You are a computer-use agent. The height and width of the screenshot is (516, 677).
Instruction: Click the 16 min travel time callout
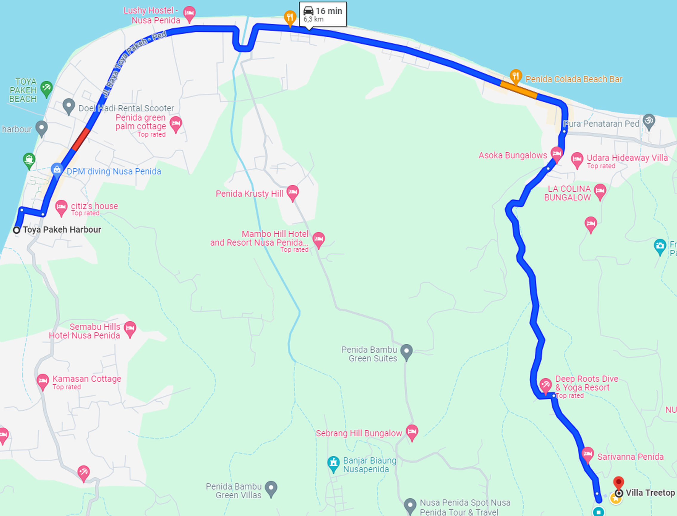tap(323, 14)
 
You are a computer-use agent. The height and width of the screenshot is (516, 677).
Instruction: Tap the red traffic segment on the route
tap(81, 139)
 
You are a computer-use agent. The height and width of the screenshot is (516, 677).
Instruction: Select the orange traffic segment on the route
tap(519, 89)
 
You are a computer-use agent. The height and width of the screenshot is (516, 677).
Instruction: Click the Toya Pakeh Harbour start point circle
tap(17, 230)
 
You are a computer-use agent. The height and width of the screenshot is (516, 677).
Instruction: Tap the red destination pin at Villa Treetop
tap(618, 483)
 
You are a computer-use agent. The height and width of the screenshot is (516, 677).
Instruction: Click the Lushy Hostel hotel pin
tap(189, 13)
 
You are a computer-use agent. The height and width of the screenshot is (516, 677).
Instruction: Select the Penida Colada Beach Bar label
tap(574, 79)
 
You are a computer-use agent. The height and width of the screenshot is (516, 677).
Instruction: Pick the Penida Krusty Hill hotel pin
tap(293, 192)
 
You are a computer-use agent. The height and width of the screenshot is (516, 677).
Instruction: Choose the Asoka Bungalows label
tap(513, 155)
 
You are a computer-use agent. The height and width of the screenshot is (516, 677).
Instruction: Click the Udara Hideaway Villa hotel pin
tap(577, 159)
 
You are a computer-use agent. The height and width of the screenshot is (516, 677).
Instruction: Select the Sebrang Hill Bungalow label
tap(359, 433)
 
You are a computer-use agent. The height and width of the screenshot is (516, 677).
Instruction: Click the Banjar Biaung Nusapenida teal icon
tap(334, 463)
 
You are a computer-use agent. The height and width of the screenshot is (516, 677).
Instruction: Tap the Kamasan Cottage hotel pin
tap(43, 381)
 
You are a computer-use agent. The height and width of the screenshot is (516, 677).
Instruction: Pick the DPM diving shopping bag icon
tap(57, 170)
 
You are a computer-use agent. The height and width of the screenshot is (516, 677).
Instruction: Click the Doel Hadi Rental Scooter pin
tap(69, 106)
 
